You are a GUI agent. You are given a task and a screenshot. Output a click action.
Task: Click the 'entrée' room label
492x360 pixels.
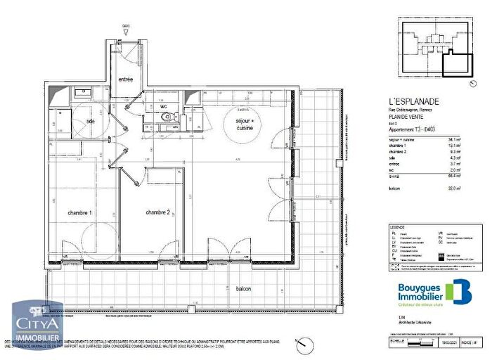pos(126,79)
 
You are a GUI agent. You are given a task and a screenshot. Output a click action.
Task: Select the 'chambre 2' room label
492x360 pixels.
pos(159,212)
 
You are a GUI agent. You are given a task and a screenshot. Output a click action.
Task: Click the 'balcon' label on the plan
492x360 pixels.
pos(244,289)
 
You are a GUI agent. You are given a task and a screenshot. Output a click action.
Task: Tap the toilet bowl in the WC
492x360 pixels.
pos(165,117)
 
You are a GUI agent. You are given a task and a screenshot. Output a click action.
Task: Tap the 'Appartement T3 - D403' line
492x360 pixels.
pos(415,131)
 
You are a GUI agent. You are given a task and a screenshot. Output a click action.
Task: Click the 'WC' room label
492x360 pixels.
pos(163,107)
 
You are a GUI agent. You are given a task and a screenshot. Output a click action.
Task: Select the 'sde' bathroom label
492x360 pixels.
pos(91,121)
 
